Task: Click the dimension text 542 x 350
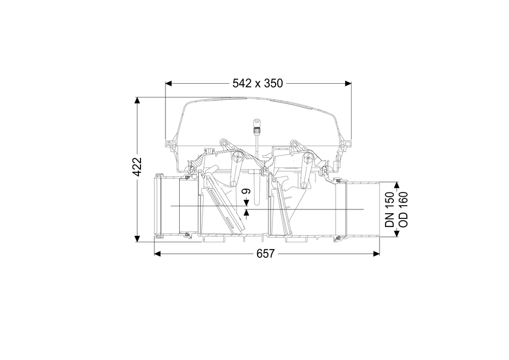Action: pyautogui.click(x=258, y=83)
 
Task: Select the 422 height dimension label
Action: pyautogui.click(x=138, y=166)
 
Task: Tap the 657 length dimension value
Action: pyautogui.click(x=266, y=253)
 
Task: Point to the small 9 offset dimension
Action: pyautogui.click(x=247, y=191)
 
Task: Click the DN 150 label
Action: pyautogui.click(x=390, y=209)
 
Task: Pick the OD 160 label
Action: pyautogui.click(x=402, y=209)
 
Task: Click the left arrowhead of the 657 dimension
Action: pyautogui.click(x=157, y=253)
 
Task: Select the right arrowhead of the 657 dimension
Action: pyautogui.click(x=376, y=253)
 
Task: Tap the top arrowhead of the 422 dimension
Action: pyautogui.click(x=137, y=100)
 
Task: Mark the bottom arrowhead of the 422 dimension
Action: pyautogui.click(x=137, y=239)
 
